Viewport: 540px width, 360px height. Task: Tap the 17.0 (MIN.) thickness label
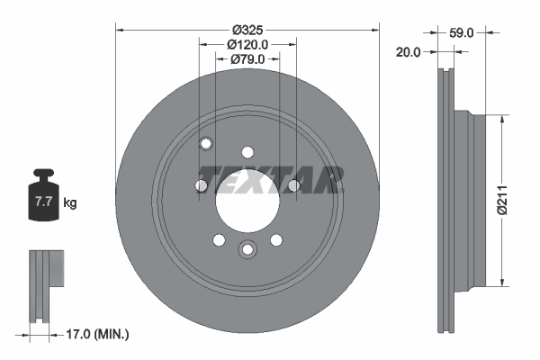click(x=99, y=334)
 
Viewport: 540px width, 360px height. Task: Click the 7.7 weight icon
click(x=43, y=199)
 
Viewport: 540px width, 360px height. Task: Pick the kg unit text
click(x=70, y=203)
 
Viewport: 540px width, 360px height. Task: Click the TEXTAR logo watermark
click(x=271, y=179)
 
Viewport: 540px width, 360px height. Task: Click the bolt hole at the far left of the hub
click(x=202, y=186)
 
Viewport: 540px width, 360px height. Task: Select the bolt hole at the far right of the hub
click(x=293, y=186)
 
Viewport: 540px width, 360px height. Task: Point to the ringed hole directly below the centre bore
click(x=247, y=250)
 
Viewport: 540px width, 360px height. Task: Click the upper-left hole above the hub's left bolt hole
click(x=206, y=143)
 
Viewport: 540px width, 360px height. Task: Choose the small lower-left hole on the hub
click(x=219, y=239)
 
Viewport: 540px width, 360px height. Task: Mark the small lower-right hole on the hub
click(x=276, y=239)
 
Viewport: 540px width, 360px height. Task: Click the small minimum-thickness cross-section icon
click(x=46, y=286)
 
